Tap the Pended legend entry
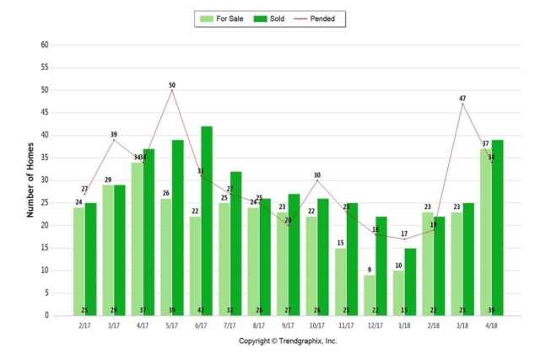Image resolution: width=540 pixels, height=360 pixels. point(321,18)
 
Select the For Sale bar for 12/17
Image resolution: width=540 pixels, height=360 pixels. point(370,295)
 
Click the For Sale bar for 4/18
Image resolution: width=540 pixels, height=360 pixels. point(486,232)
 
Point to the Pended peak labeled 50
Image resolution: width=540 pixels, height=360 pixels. point(172,90)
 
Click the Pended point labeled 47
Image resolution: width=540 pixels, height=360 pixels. point(462,104)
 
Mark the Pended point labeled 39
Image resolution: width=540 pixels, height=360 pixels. point(114,140)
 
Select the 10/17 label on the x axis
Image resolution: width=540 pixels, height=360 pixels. point(317,325)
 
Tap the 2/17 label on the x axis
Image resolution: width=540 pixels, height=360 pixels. point(84,325)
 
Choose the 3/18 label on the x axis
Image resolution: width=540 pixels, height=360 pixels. point(463,325)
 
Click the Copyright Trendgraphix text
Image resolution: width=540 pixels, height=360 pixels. point(288,341)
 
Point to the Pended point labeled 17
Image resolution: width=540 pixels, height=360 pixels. point(405,239)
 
